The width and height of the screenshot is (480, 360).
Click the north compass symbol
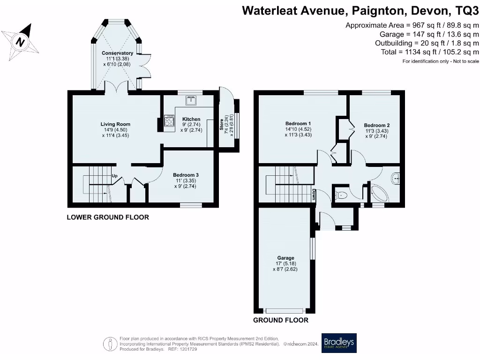20,41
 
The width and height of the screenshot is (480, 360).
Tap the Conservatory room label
118,53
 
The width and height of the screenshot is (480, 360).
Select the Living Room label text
115,124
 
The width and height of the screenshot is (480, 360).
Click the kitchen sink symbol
191,100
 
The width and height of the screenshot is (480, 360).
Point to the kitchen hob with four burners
168,122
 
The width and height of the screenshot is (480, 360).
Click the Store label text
222,124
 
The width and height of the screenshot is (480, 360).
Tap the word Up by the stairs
114,176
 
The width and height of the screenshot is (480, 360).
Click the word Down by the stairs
314,193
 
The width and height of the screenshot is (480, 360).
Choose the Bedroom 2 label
376,125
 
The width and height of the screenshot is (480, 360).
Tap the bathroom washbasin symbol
396,178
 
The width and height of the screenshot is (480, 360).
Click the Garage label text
285,258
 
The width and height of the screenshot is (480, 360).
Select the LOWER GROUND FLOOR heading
107,217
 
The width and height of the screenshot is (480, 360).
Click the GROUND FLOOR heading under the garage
281,320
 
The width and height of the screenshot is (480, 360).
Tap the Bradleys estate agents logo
339,343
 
